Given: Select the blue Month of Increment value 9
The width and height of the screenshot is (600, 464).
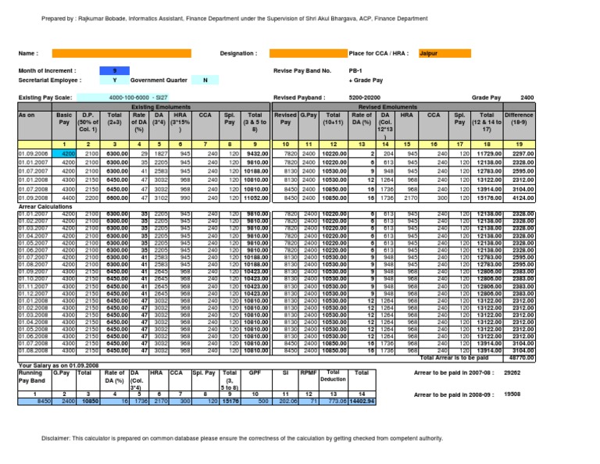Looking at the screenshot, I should pos(115,70).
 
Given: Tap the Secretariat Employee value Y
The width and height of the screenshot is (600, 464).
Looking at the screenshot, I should pos(115,80).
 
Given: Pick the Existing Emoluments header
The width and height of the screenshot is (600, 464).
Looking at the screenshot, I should pos(153,105).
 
